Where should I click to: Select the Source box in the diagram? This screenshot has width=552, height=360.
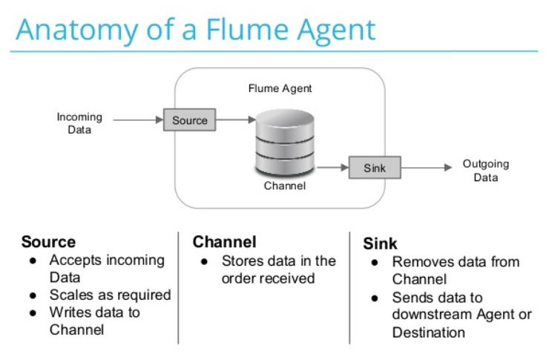[189, 120]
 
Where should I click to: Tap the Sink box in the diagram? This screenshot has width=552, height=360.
[375, 168]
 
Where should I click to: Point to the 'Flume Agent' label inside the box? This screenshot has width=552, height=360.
[280, 88]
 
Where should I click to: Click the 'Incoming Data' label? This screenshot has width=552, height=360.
[79, 123]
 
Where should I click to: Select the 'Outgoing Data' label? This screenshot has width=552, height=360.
[485, 171]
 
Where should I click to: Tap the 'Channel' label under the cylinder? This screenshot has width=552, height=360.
[284, 186]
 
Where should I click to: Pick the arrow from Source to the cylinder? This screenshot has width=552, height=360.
[235, 120]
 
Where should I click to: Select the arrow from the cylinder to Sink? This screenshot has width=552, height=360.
[333, 168]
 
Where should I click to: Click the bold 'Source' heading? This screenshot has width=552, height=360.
[48, 242]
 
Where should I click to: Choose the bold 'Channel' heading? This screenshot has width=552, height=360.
[224, 242]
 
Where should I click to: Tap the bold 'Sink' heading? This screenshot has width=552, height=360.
[380, 243]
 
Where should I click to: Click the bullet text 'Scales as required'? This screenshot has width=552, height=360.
[110, 295]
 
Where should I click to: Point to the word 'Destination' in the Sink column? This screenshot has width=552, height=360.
[429, 332]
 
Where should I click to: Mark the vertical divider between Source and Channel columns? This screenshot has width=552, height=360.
[178, 287]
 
